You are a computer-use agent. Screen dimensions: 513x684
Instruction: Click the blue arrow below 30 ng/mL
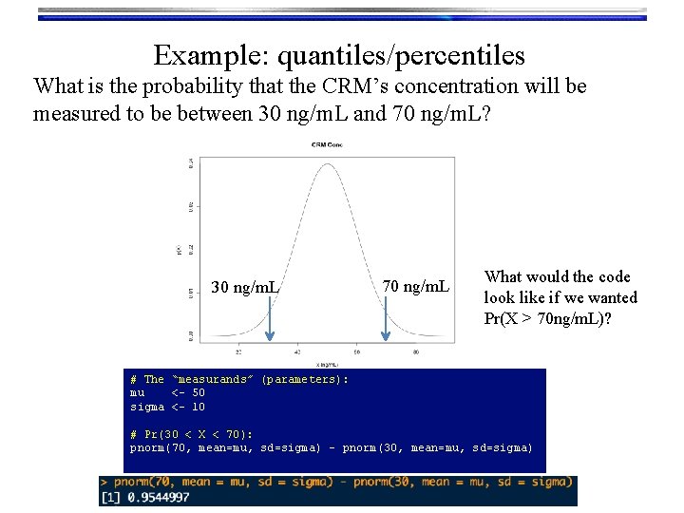tap(270, 317)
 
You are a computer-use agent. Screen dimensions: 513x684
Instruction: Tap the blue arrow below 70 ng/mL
tap(385, 317)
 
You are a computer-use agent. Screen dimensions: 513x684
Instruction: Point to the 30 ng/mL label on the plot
tap(245, 287)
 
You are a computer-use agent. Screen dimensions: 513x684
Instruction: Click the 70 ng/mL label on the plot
tap(416, 286)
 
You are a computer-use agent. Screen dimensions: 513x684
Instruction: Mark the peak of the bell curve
tap(328, 163)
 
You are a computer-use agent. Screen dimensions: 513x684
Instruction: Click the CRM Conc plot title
tap(327, 144)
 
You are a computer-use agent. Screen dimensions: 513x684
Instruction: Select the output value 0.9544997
tap(156, 497)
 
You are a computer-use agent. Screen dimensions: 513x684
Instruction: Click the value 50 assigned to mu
tap(198, 392)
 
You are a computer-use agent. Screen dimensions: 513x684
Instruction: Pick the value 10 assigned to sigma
tap(198, 407)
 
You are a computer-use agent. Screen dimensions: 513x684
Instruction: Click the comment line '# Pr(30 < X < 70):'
tap(191, 434)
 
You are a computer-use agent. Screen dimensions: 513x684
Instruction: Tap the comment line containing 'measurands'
tap(238, 379)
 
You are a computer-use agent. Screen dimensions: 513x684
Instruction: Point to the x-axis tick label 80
tap(416, 351)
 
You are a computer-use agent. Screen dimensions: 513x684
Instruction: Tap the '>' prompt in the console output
tap(104, 483)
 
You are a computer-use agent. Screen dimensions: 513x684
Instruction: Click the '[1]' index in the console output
tap(111, 497)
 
